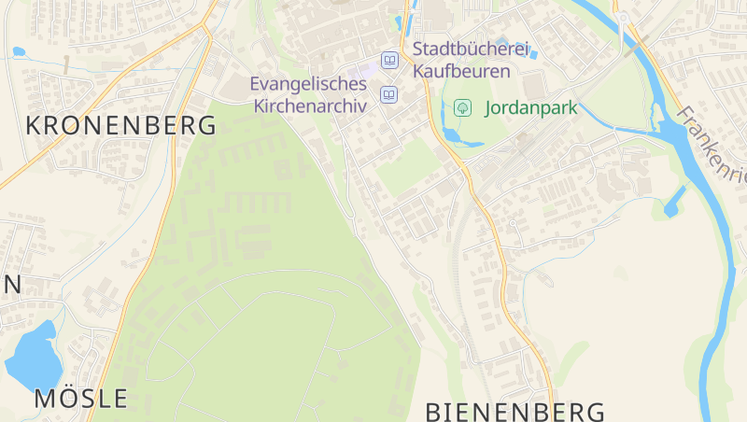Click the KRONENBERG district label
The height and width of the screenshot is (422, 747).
tap(120, 125)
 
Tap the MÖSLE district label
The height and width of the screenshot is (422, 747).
tap(81, 399)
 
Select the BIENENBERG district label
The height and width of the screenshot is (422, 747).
tap(515, 412)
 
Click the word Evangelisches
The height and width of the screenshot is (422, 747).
tap(308, 84)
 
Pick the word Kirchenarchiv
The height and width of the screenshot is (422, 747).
tap(310, 105)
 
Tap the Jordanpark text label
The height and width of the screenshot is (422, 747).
tap(531, 107)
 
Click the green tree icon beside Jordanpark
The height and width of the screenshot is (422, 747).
tap(462, 107)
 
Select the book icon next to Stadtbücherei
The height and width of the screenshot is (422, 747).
tap(389, 61)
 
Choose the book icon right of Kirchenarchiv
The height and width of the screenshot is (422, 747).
tap(389, 94)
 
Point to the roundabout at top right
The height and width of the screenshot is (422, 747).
tap(622, 18)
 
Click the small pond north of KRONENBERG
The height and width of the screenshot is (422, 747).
tap(18, 51)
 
